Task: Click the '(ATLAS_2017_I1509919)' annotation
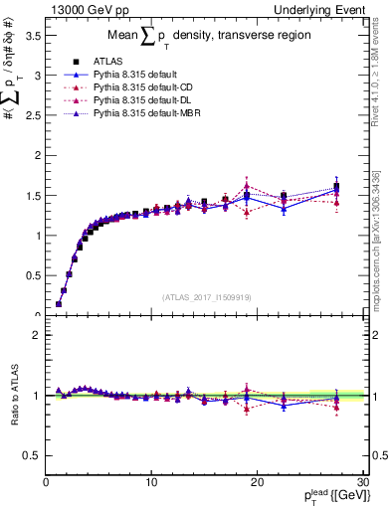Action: [x=206, y=295]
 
